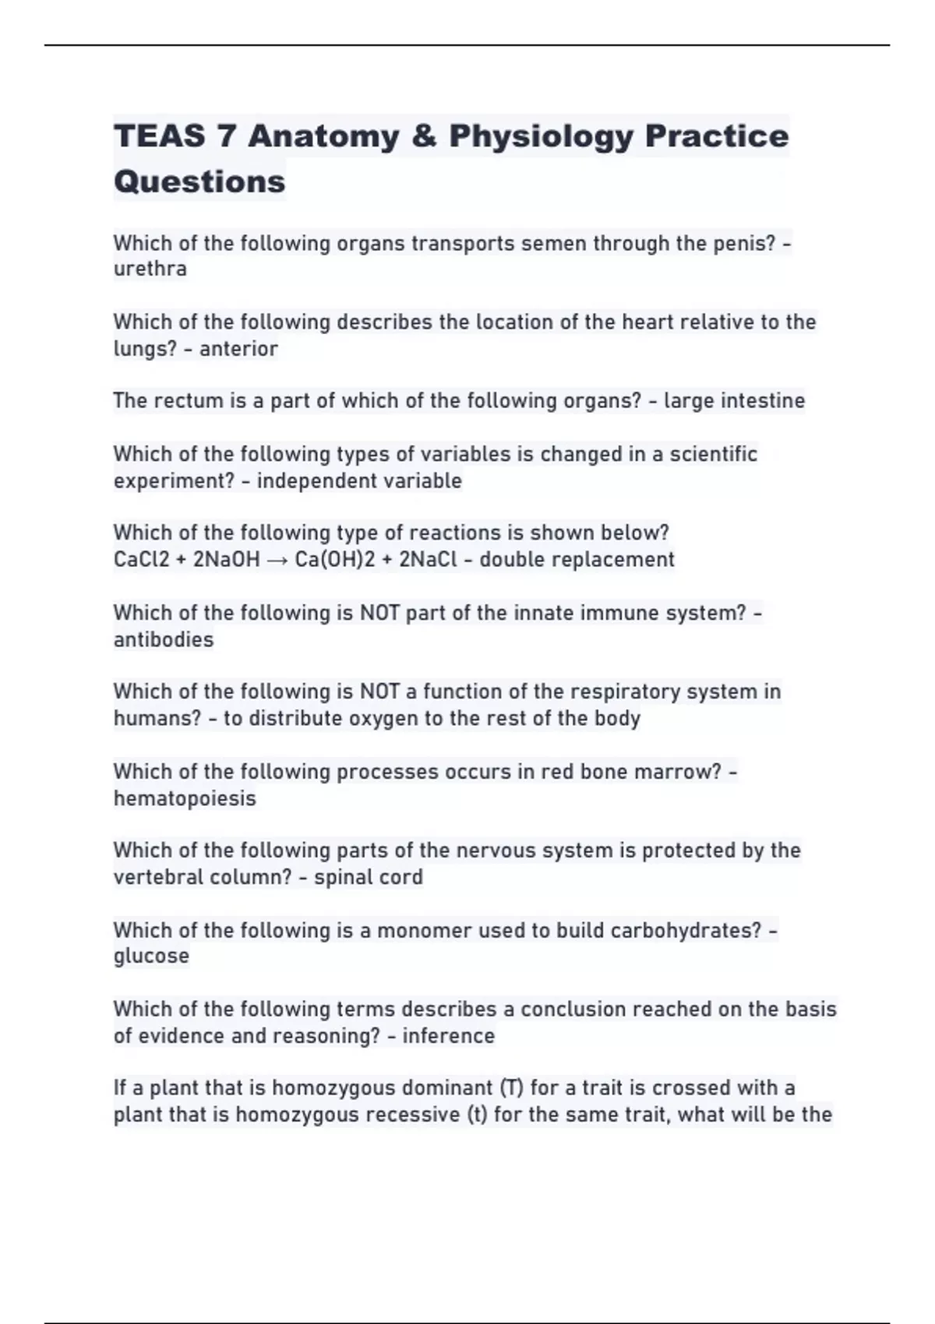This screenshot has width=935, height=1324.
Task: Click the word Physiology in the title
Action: point(541,137)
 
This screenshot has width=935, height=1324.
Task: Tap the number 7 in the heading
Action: point(226,137)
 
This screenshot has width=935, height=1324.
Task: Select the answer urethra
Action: point(150,269)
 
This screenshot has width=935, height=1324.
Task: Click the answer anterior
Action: point(238,349)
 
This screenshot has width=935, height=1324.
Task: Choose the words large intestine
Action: point(734,401)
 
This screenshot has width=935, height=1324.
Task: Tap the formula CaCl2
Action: point(141,560)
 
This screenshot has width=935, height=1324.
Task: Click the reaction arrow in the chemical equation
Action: point(277,561)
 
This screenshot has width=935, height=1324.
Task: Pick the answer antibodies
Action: point(164,640)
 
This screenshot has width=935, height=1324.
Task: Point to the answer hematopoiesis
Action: point(185,799)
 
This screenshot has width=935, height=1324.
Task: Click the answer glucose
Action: point(151,956)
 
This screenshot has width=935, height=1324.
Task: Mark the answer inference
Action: point(448,1037)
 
